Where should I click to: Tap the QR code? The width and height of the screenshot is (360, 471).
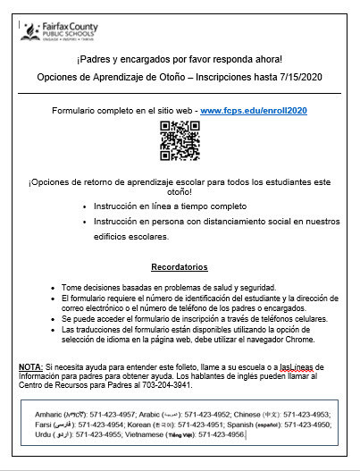pyautogui.click(x=180, y=139)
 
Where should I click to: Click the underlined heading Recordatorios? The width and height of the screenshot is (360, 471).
pyautogui.click(x=179, y=266)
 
